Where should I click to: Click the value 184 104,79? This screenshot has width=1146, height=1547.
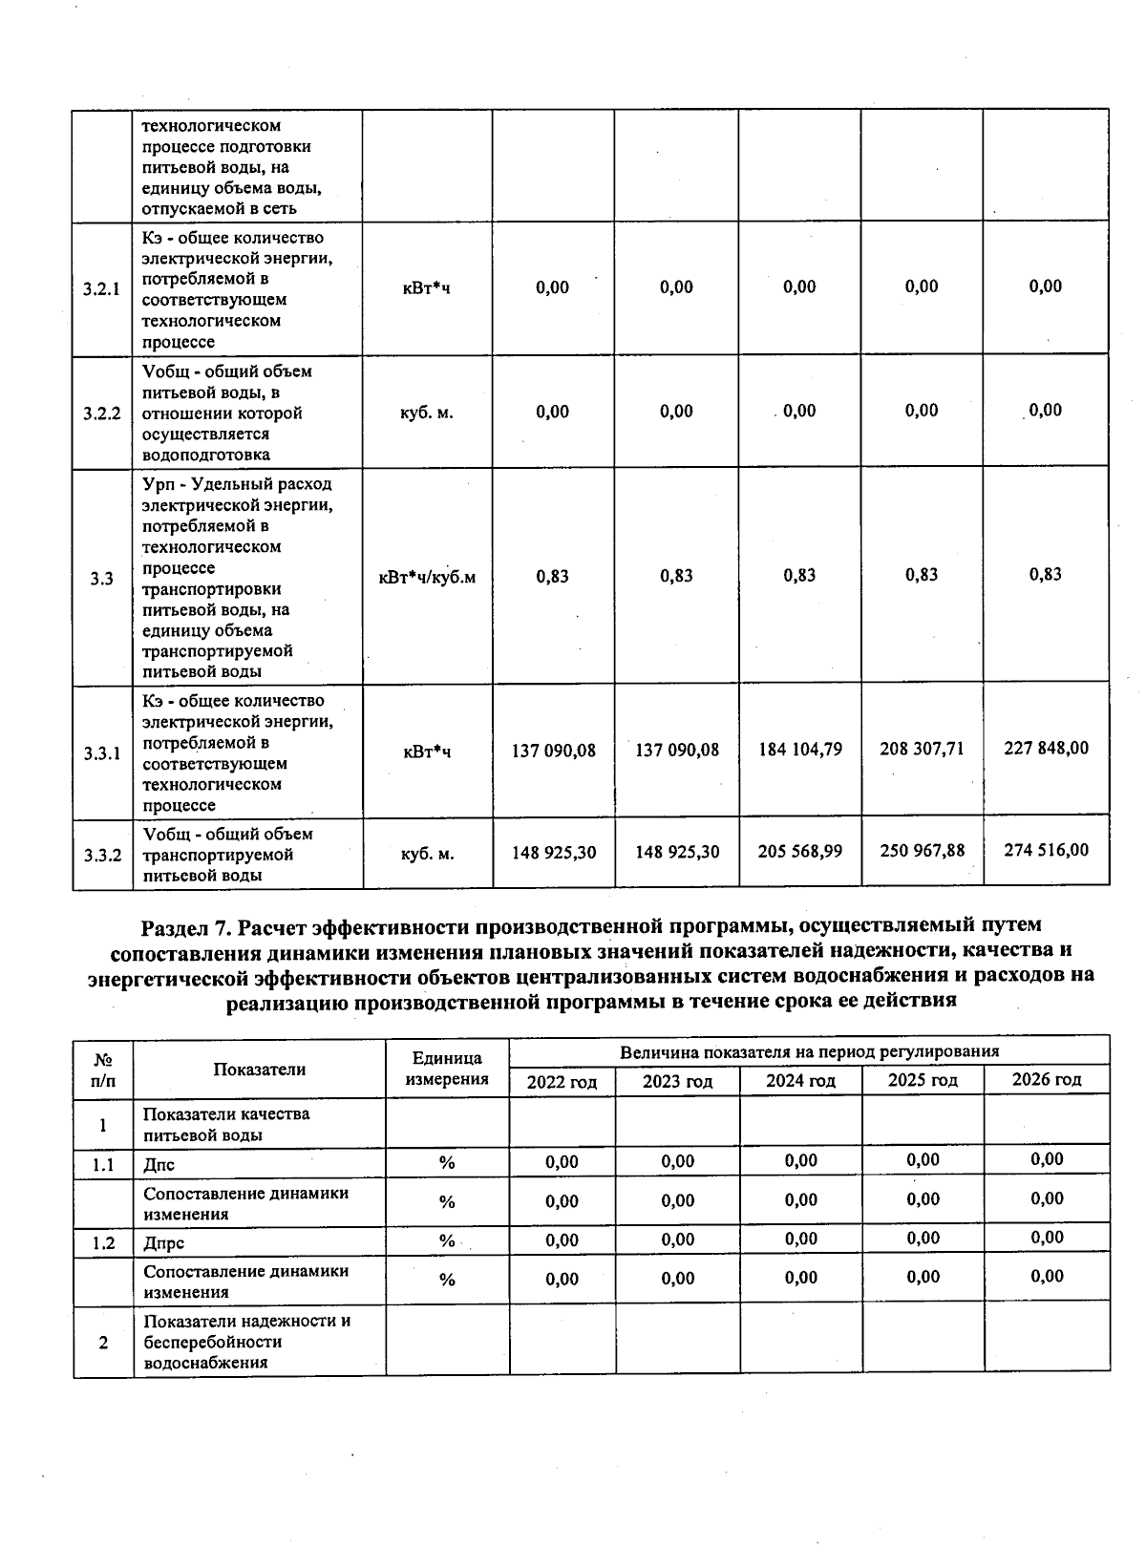[800, 750]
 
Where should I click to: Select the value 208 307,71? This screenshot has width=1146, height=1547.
[922, 749]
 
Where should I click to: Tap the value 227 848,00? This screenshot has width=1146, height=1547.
[1046, 748]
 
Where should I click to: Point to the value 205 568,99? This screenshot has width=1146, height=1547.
[800, 851]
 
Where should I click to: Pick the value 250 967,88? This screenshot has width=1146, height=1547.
[922, 850]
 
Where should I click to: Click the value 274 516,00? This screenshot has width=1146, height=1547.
[1046, 850]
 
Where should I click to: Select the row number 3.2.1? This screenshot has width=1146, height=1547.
[102, 289]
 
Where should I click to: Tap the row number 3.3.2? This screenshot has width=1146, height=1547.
[102, 855]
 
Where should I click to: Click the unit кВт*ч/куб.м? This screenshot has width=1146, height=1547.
[427, 577]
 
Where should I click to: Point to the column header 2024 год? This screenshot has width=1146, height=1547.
[800, 1081]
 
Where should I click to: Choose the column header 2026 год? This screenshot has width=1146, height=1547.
[1047, 1080]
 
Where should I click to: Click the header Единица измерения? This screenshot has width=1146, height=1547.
[447, 1069]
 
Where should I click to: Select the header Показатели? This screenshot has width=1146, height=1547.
[259, 1070]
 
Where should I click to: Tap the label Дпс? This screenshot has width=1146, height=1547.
[159, 1165]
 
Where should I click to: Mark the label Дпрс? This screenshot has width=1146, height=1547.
[163, 1243]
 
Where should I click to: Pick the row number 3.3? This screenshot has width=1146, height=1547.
[102, 579]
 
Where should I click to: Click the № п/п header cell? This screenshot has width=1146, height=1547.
[102, 1070]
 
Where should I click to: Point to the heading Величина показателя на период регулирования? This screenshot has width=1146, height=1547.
[809, 1052]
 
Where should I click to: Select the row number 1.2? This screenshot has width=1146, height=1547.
[103, 1243]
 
